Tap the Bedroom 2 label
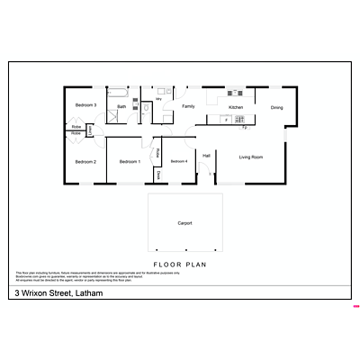[85, 162]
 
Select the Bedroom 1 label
[130, 162]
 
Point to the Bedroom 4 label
[179, 161]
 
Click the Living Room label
[251, 157]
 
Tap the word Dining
[277, 107]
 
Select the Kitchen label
[236, 107]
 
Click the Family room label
[188, 106]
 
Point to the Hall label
[206, 157]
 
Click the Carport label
[184, 222]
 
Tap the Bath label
[121, 107]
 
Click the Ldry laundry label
[158, 100]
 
